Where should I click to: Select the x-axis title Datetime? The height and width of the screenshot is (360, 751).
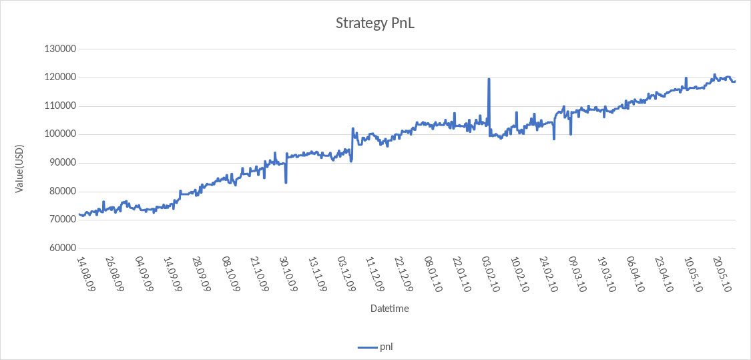389,309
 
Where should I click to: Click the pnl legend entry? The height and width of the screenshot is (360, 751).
380,347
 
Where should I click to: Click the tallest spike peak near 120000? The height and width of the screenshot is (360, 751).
489,79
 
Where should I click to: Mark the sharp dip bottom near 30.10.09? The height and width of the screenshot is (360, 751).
286,182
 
